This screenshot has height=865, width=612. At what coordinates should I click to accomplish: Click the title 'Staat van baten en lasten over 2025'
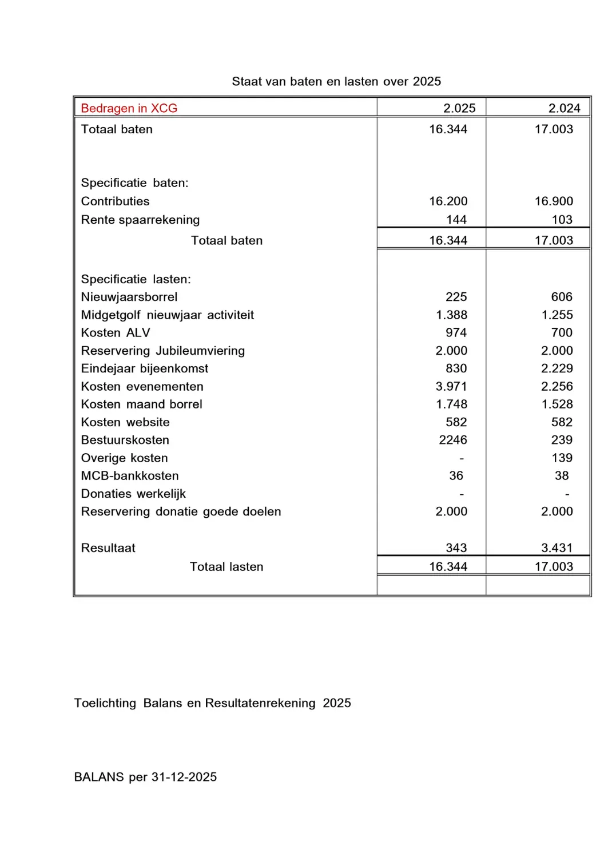[336, 81]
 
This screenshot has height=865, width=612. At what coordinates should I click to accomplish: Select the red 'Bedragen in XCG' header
[129, 108]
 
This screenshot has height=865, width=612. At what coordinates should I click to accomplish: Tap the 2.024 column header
[564, 108]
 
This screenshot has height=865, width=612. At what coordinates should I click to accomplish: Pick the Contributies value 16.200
[448, 201]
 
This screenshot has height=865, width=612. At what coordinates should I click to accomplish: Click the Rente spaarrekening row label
[140, 220]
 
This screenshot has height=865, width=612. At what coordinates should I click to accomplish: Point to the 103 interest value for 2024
[562, 220]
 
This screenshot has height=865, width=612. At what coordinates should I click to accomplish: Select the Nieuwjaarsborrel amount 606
[562, 297]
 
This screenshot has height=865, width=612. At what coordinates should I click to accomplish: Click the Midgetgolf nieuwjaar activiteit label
[168, 315]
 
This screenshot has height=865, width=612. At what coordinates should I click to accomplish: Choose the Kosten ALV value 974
[456, 332]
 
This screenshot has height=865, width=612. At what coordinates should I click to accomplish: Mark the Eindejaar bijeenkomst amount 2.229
[557, 368]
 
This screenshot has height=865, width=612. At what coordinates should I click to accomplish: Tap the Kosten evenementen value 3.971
[451, 386]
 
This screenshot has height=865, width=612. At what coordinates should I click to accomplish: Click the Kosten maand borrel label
[142, 404]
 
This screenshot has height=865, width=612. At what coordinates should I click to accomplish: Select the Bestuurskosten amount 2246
[452, 440]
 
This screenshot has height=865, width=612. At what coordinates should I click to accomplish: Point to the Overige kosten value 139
[562, 458]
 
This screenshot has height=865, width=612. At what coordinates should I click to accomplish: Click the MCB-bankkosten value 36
[456, 475]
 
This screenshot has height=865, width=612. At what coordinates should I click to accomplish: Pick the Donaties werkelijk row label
[133, 494]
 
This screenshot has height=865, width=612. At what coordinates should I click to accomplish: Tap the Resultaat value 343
[456, 548]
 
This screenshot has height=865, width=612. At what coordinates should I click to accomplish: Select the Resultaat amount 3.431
[557, 548]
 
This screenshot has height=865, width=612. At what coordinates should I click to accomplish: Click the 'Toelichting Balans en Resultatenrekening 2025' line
[212, 703]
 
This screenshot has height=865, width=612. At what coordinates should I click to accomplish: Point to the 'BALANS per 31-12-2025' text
[145, 777]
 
